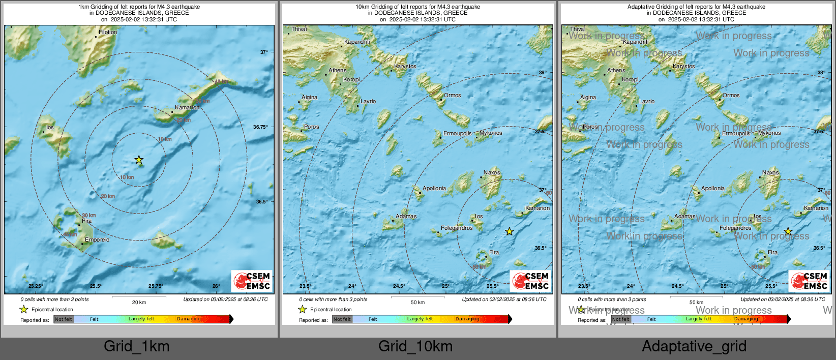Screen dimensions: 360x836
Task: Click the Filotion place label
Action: click(x=108, y=32)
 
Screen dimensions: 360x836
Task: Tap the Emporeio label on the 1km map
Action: click(x=97, y=239)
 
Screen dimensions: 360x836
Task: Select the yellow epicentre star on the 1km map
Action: click(x=139, y=160)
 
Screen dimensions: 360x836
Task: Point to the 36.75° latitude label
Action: click(x=260, y=127)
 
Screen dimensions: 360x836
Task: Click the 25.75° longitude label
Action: click(x=156, y=286)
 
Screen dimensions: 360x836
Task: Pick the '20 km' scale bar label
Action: click(x=139, y=302)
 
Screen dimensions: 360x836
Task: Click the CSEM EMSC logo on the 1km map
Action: click(x=252, y=281)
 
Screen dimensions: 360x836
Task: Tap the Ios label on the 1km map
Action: click(x=50, y=127)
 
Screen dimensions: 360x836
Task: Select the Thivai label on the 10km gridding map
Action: click(x=299, y=29)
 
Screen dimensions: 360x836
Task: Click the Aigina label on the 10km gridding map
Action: click(x=309, y=97)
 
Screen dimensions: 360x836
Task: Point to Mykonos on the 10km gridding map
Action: click(x=491, y=133)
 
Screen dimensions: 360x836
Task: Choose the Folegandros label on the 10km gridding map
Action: click(x=457, y=228)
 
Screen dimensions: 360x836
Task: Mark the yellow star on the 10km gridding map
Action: click(x=510, y=231)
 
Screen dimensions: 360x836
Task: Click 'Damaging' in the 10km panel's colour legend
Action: click(x=467, y=319)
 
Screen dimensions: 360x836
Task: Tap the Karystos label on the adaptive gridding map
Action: click(x=683, y=66)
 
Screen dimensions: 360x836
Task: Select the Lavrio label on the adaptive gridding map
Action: click(x=647, y=101)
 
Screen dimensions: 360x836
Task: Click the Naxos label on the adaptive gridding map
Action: click(x=770, y=172)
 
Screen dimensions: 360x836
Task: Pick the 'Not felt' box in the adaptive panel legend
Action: click(x=621, y=319)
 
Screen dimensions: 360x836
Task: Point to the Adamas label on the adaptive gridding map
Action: click(x=684, y=216)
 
